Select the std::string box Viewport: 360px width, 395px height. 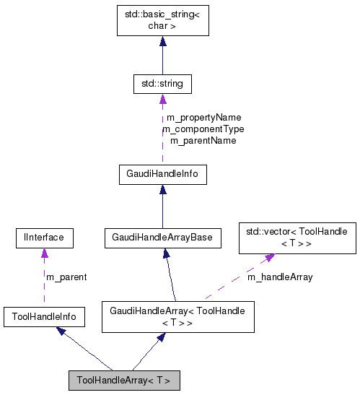tap(162, 84)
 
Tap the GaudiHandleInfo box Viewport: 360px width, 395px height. tap(162, 174)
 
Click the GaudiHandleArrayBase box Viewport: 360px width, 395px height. tap(162, 237)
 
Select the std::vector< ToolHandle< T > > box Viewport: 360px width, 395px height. tap(297, 238)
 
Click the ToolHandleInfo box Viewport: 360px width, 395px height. tap(44, 316)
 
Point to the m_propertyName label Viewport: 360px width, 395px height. tap(203, 117)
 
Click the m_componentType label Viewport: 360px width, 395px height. tap(203, 129)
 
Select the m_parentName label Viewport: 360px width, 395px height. tap(203, 140)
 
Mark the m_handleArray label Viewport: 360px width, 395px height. tap(280, 277)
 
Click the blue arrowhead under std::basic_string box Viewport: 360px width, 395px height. tap(162, 43)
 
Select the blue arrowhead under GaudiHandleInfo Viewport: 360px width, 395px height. tap(162, 190)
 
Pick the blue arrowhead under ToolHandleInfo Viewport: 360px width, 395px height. tap(62, 330)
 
